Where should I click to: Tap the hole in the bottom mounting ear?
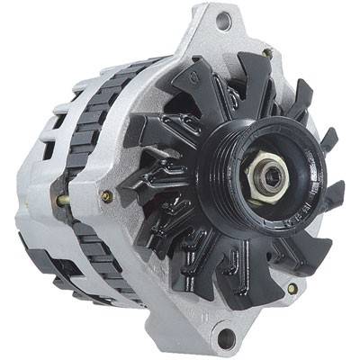226,337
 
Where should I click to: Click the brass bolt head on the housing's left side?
107,196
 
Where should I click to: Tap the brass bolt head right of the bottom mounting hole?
292,289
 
